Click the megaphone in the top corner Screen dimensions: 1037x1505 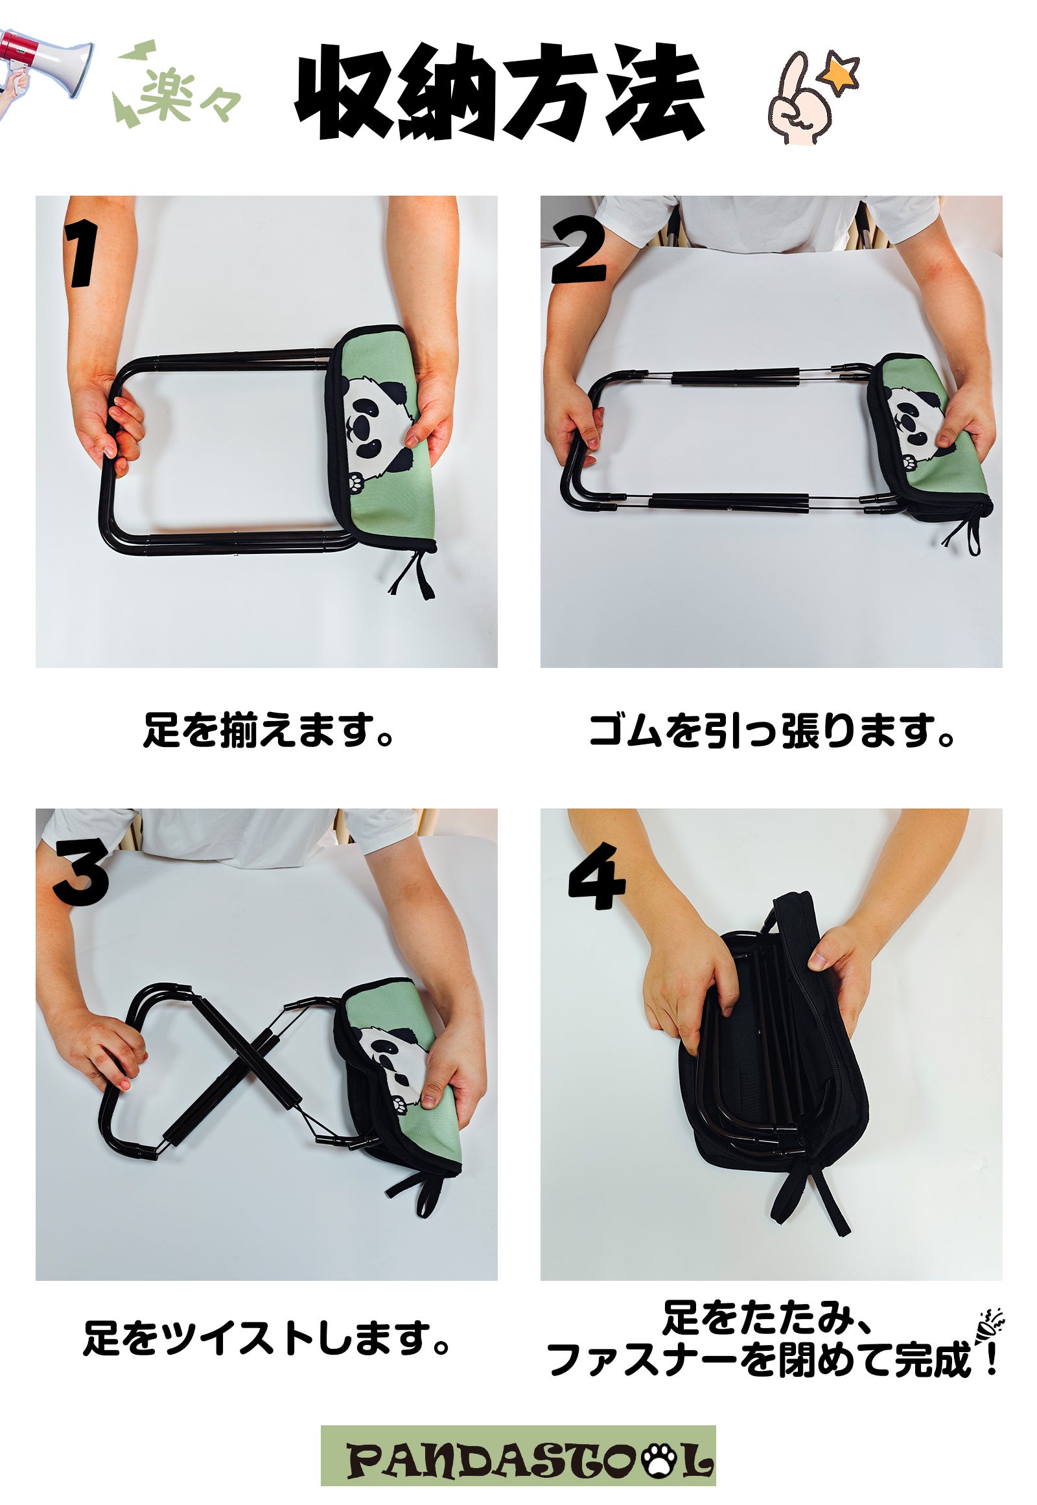pos(45,65)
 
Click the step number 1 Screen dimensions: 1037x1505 pos(82,253)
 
